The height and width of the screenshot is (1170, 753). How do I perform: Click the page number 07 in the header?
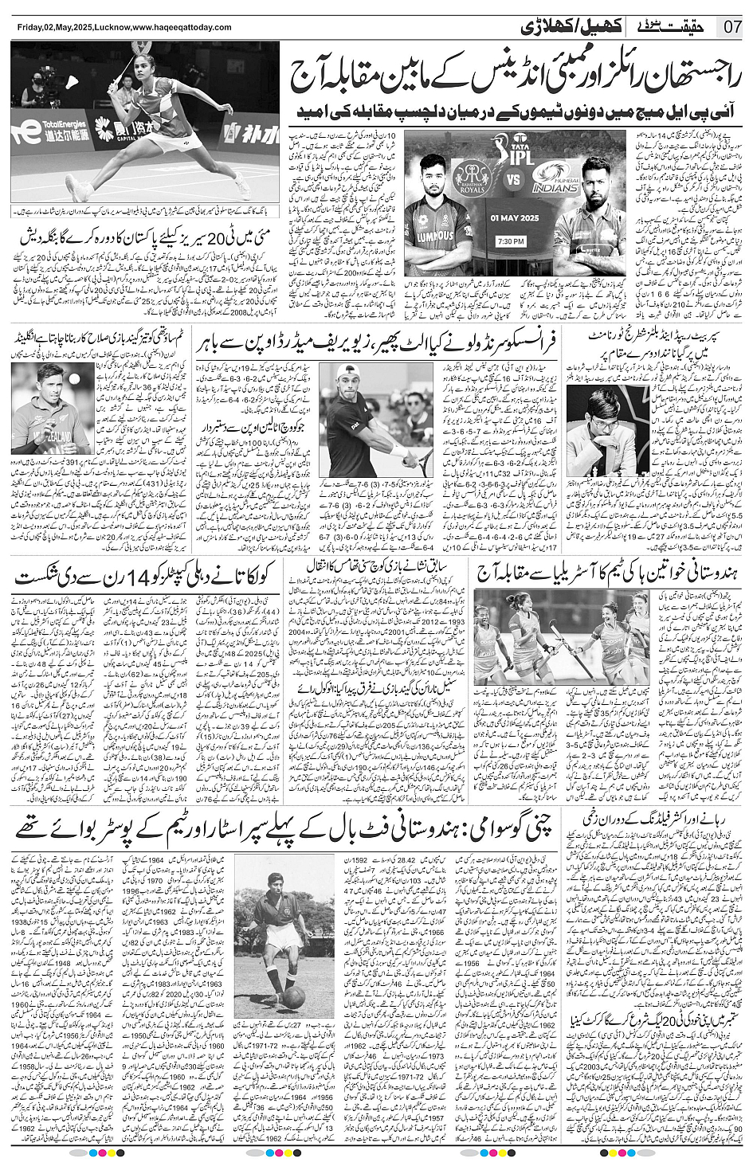pyautogui.click(x=732, y=27)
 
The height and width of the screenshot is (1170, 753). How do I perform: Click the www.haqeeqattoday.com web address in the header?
pyautogui.click(x=181, y=28)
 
